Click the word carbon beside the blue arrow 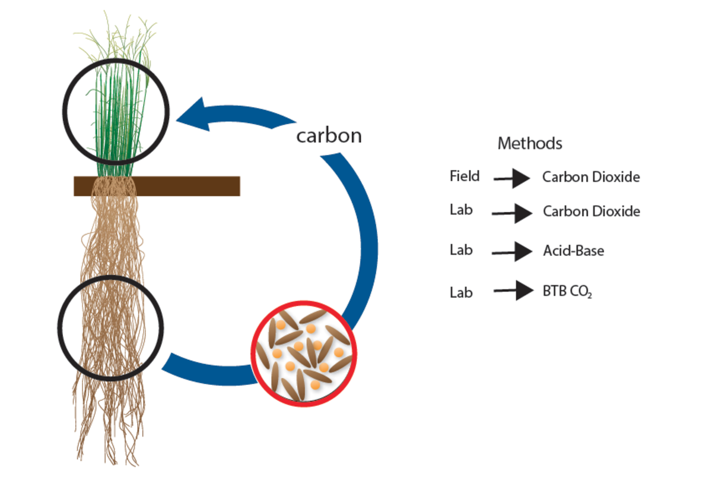(329, 135)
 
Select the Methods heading (530, 143)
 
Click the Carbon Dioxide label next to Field (591, 177)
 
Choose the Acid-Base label (573, 251)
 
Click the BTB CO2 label (567, 291)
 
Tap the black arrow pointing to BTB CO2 (513, 290)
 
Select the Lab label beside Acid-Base (461, 250)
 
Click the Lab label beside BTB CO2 (461, 292)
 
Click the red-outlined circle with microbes (304, 353)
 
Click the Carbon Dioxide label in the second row (592, 211)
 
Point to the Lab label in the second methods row (461, 210)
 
